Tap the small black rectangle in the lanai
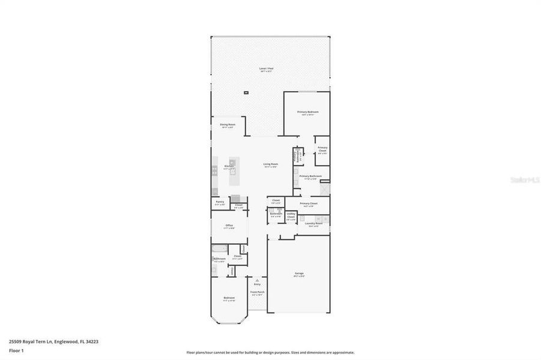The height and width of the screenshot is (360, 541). [246, 92]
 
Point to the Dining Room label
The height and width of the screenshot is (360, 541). [228, 125]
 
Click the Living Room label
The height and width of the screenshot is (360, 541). [270, 164]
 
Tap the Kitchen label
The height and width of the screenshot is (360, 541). [229, 166]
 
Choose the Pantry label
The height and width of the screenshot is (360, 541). [220, 202]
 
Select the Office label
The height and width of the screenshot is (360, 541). [229, 226]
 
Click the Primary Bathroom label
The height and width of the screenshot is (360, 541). [310, 176]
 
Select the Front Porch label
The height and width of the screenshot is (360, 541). [258, 292]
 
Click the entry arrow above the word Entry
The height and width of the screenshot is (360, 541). [258, 279]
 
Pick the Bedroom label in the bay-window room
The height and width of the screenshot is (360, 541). [229, 298]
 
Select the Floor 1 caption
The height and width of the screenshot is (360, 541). [17, 350]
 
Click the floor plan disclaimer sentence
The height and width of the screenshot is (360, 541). [270, 353]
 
